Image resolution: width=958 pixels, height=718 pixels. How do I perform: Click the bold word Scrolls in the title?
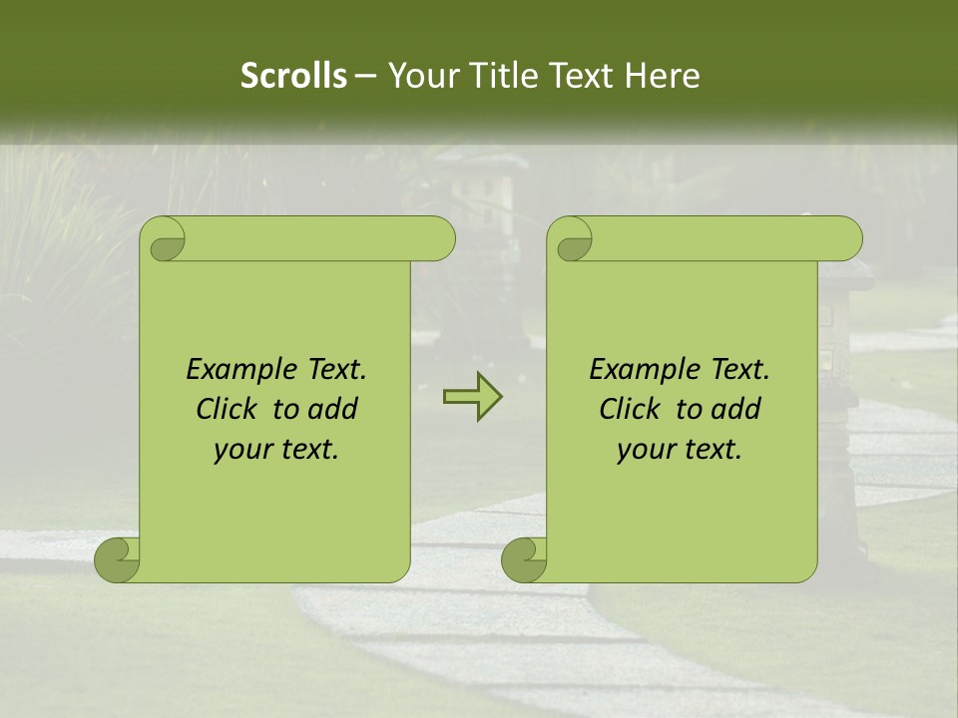(293, 76)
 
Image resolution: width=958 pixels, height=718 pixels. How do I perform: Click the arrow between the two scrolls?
(472, 397)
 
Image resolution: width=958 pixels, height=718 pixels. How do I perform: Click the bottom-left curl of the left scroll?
(118, 558)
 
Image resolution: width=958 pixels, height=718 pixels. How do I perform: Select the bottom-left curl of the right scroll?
(524, 558)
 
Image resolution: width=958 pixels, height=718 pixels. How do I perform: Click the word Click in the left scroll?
(227, 409)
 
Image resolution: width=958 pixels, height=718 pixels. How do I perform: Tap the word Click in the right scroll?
(630, 409)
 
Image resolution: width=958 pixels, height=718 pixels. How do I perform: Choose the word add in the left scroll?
(333, 409)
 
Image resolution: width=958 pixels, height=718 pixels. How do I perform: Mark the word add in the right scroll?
(736, 409)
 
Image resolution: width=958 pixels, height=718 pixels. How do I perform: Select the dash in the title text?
(365, 76)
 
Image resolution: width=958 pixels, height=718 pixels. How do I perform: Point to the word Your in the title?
(417, 76)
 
